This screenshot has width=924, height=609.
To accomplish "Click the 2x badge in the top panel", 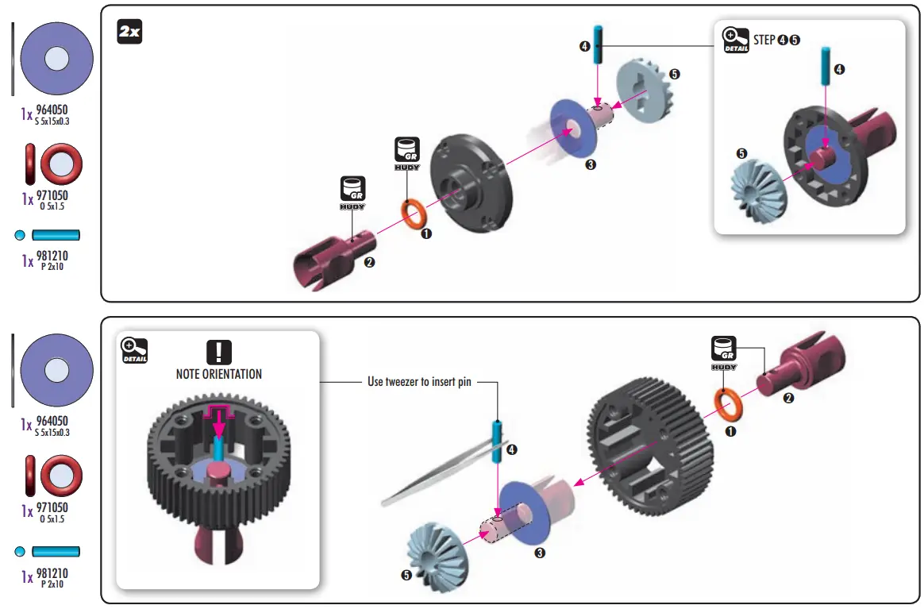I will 129,33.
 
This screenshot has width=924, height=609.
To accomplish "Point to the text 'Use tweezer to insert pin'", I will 419,382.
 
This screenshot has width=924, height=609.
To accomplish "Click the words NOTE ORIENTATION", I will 218,374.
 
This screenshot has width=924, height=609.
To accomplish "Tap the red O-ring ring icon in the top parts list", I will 61,163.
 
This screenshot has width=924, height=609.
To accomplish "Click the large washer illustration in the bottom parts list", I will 56,370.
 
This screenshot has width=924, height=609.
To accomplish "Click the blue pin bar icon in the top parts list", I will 56,235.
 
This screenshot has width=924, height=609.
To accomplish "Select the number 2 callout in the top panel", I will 369,263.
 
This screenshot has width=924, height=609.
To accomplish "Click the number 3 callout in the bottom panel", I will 540,553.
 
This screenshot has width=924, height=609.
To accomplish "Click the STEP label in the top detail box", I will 764,40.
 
